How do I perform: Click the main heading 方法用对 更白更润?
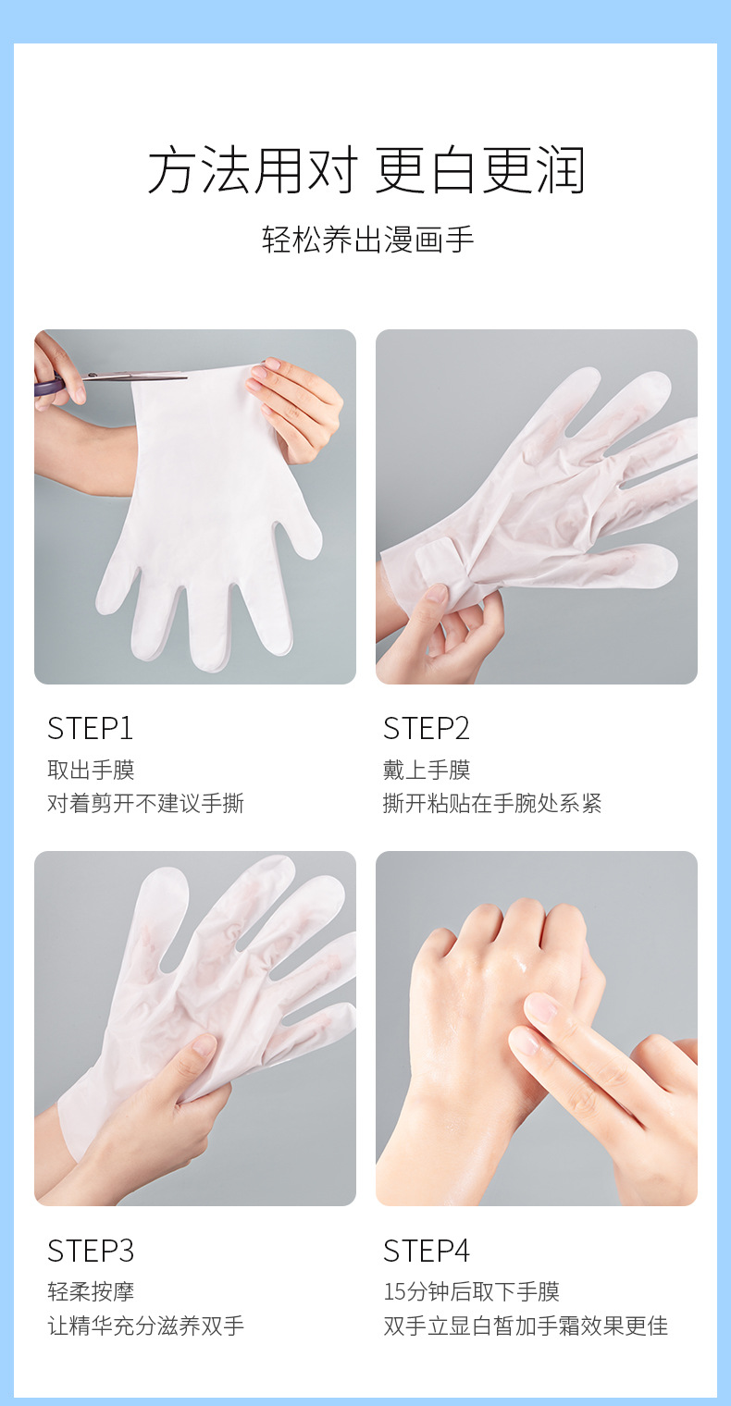click(366, 170)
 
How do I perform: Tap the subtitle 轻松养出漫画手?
click(367, 240)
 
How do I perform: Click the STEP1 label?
click(90, 729)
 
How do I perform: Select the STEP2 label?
click(427, 729)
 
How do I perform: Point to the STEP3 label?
click(91, 1251)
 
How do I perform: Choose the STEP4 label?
click(427, 1251)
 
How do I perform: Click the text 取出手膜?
click(91, 771)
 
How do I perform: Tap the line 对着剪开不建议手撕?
click(145, 804)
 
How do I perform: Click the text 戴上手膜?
click(427, 771)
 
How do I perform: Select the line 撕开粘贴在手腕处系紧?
click(492, 804)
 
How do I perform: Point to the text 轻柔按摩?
click(91, 1291)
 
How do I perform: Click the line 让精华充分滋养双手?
click(145, 1326)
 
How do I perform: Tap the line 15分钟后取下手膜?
click(472, 1291)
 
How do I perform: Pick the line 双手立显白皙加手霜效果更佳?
click(526, 1326)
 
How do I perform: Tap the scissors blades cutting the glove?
click(135, 376)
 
